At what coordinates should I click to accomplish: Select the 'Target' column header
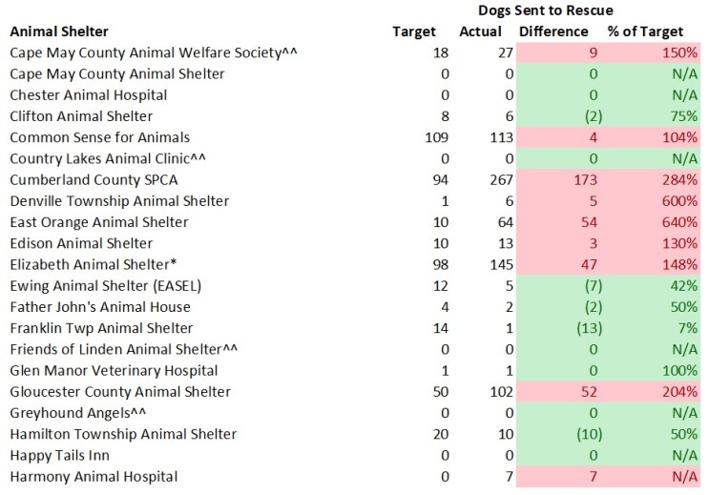pos(414,32)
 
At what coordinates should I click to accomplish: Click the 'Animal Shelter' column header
pos(59,32)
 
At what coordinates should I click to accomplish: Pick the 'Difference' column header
pos(553,32)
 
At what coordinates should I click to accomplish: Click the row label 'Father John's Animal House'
pos(100,307)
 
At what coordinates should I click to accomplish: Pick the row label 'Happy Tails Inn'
pos(59,455)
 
